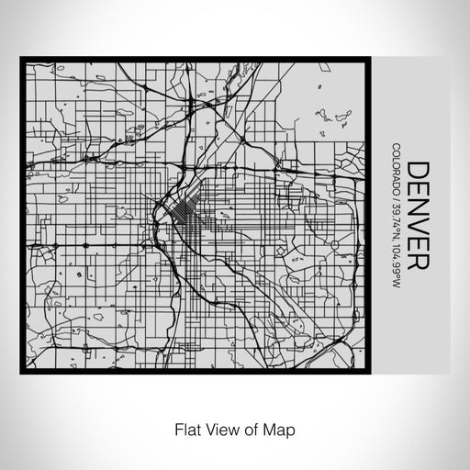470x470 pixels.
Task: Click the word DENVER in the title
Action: [x=416, y=215]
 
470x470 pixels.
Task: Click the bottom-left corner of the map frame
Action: [x=22, y=373]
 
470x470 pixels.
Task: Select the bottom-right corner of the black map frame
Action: [x=371, y=373]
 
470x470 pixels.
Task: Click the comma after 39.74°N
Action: [x=394, y=241]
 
